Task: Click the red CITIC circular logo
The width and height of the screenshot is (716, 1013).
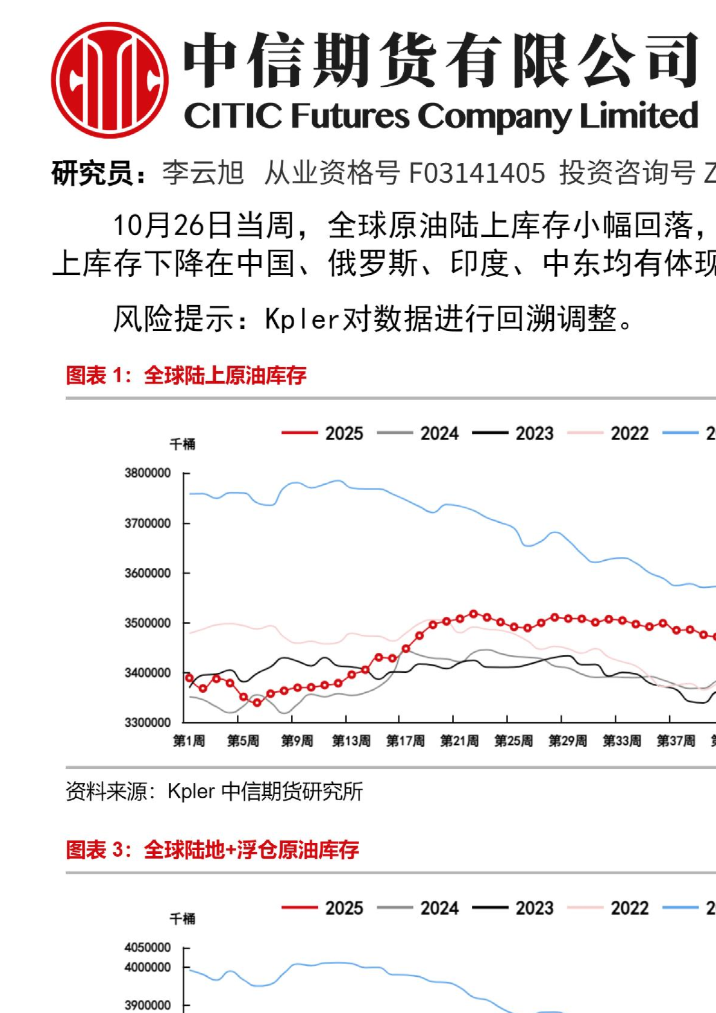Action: [x=110, y=80]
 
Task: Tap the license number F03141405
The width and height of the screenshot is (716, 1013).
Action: [x=477, y=173]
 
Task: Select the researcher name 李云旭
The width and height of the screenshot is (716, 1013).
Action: [x=203, y=173]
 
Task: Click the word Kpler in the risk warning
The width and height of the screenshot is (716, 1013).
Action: [x=303, y=318]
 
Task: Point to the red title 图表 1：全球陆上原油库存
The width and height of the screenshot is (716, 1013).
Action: [x=186, y=376]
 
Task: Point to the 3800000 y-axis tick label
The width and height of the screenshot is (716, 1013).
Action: [x=148, y=473]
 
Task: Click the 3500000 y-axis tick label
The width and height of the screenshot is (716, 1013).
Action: [x=148, y=623]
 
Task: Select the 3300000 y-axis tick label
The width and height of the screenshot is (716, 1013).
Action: [x=148, y=722]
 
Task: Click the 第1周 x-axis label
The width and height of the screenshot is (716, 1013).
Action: [x=189, y=741]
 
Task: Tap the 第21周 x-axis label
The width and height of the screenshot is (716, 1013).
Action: [x=459, y=741]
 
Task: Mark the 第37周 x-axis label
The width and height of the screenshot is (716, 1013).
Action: [x=676, y=741]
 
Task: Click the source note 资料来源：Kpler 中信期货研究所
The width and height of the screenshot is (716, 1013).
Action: [x=214, y=792]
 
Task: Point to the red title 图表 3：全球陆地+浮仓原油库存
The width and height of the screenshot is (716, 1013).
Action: [x=212, y=850]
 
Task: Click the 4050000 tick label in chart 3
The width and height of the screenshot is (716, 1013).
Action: [x=148, y=948]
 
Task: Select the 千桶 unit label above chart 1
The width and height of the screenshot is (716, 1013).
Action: [x=182, y=444]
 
